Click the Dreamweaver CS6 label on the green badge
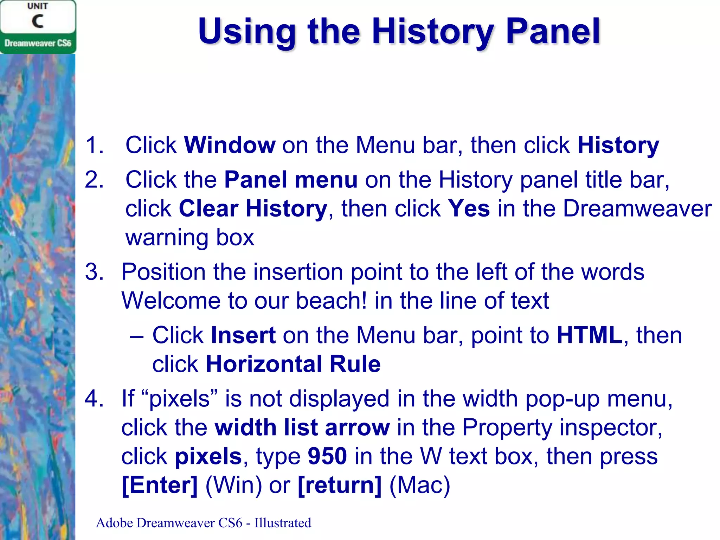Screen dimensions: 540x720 click(38, 43)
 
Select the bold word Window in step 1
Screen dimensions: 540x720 click(230, 145)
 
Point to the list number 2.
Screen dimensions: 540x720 click(94, 180)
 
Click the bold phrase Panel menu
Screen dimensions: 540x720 click(291, 180)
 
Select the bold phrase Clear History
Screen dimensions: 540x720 click(253, 208)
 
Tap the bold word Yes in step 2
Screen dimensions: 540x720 click(469, 208)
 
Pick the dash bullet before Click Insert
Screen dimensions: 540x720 click(136, 336)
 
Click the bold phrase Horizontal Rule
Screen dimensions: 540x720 click(293, 364)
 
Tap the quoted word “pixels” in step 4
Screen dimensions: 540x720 click(180, 399)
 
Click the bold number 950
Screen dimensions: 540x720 click(327, 456)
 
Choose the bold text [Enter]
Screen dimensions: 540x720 click(160, 485)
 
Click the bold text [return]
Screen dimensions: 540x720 click(339, 485)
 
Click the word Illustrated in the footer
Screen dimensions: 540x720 click(283, 523)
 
